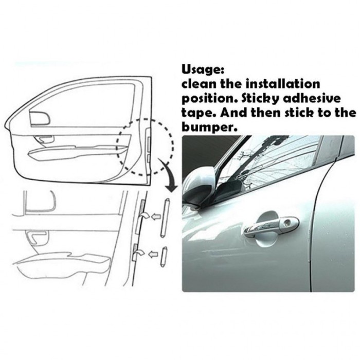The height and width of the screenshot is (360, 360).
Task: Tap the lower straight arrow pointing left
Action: (x=153, y=253)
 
